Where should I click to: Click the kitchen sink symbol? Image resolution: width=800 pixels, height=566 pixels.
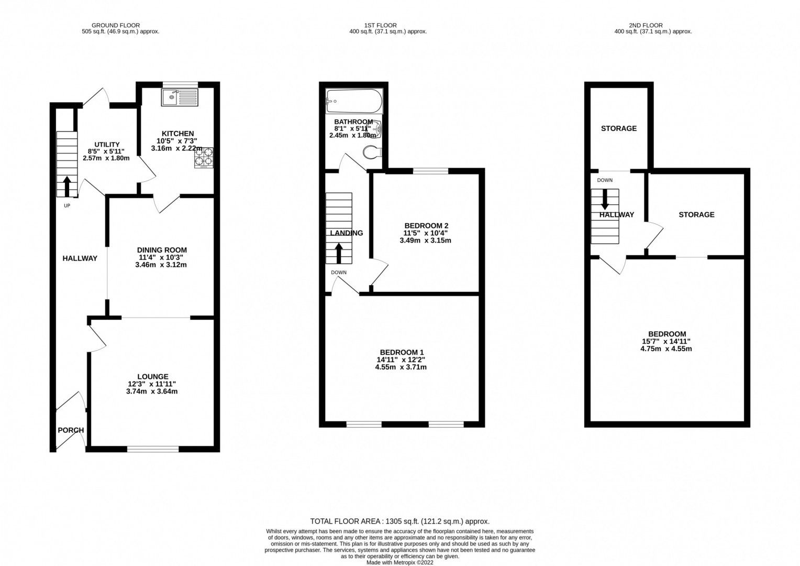[x=180, y=97]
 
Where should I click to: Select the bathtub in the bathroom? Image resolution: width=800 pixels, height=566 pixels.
[x=354, y=101]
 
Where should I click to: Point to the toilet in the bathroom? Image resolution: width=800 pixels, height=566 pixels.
[x=372, y=151]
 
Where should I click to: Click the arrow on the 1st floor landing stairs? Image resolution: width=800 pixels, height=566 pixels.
[x=339, y=253]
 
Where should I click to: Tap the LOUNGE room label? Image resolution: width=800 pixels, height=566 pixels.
[x=152, y=376]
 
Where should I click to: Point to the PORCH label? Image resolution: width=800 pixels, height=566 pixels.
[x=71, y=430]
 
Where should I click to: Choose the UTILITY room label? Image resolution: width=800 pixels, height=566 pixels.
[x=107, y=145]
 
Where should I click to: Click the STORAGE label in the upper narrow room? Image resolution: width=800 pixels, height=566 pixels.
[x=618, y=128]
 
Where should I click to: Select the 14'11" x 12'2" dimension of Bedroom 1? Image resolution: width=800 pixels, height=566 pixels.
[x=401, y=360]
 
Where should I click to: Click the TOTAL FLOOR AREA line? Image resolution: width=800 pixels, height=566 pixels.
[x=399, y=521]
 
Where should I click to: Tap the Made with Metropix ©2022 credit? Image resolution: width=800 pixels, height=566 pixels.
[x=399, y=562]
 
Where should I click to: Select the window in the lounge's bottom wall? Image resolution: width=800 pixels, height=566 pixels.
[x=153, y=449]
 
